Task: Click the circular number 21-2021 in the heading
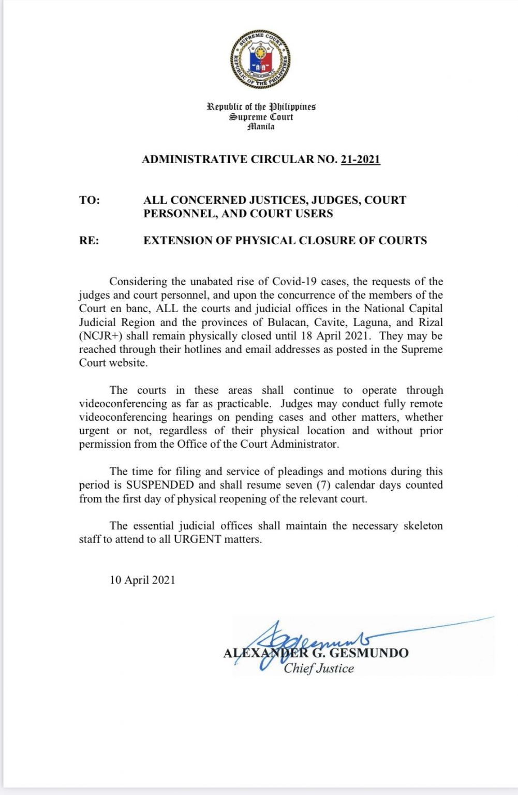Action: (x=360, y=159)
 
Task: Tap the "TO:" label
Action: (x=90, y=200)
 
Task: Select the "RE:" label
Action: (x=89, y=241)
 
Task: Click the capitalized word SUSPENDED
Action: (x=160, y=485)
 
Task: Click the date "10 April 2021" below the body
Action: (x=142, y=580)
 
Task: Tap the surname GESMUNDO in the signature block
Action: (x=369, y=653)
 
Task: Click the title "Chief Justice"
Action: (x=319, y=668)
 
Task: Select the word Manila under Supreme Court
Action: (x=261, y=127)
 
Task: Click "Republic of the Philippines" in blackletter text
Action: (x=261, y=107)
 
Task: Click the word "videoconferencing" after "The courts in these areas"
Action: (x=123, y=404)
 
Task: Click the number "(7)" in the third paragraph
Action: (x=323, y=485)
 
